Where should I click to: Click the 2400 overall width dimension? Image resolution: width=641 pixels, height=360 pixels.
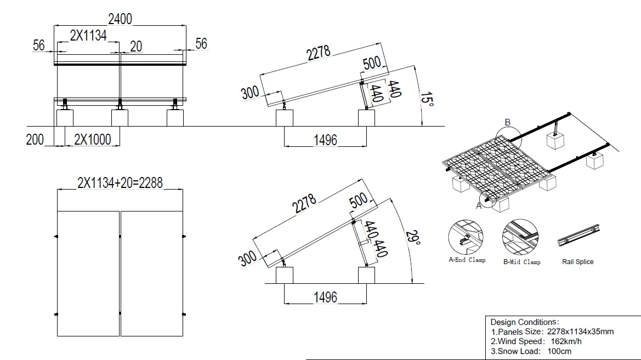coord(120,19)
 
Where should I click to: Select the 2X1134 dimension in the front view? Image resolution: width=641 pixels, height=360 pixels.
coord(88,36)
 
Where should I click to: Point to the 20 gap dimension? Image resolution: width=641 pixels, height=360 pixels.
coord(136,46)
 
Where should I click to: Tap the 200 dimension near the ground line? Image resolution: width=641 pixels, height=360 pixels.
coord(35,140)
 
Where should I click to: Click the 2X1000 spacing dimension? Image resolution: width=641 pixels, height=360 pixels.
coord(92,140)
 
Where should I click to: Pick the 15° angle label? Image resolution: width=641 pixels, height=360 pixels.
coord(427,99)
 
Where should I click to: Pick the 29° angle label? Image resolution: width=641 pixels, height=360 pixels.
coord(413,238)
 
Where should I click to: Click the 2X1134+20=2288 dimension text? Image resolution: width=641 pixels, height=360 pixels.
coord(120,182)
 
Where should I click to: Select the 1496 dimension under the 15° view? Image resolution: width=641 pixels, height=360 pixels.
coord(325,140)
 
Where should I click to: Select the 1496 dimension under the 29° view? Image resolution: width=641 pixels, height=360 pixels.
coord(325,297)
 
